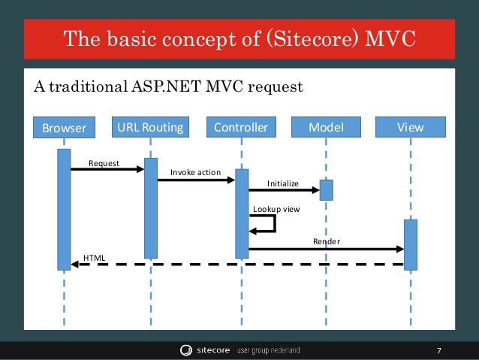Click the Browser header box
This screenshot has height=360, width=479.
64,128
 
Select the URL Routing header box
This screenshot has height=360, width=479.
151,127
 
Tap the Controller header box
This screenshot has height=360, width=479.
241,127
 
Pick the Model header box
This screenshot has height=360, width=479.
326,127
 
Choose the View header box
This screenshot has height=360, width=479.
410,127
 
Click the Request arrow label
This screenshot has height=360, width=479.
104,162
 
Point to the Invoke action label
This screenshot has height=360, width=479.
195,172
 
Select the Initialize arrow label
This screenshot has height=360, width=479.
283,183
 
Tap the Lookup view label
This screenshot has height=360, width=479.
276,208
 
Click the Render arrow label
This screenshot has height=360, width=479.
327,241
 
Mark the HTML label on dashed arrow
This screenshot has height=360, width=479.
95,257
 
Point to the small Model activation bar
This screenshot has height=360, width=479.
326,189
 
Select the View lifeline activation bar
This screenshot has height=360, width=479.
410,244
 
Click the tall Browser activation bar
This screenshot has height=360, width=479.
64,209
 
